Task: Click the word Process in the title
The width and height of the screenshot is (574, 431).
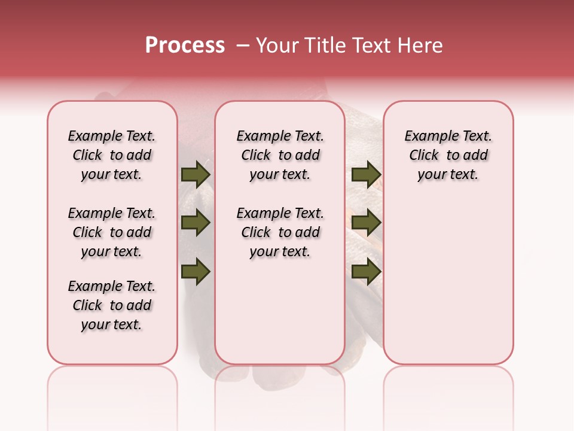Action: click(x=185, y=45)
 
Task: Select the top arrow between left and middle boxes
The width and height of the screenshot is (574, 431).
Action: click(x=195, y=175)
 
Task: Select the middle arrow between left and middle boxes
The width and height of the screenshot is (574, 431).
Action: click(x=195, y=223)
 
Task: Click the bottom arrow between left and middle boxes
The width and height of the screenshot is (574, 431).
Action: click(x=195, y=272)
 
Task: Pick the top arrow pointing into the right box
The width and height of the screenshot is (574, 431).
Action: click(x=366, y=175)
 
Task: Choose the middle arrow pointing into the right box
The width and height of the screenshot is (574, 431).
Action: click(x=366, y=223)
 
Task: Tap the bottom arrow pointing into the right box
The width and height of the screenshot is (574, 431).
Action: click(x=366, y=272)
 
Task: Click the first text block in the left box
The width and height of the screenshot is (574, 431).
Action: click(x=112, y=155)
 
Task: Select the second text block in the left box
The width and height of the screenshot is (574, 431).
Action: click(x=112, y=232)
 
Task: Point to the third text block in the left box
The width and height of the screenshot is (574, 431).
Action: click(x=112, y=305)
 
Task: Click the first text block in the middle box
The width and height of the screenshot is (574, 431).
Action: click(x=280, y=155)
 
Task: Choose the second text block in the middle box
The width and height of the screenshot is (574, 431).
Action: click(x=280, y=232)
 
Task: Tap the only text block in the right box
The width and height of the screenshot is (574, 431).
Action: click(x=448, y=155)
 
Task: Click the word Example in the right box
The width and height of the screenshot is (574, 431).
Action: click(x=428, y=136)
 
